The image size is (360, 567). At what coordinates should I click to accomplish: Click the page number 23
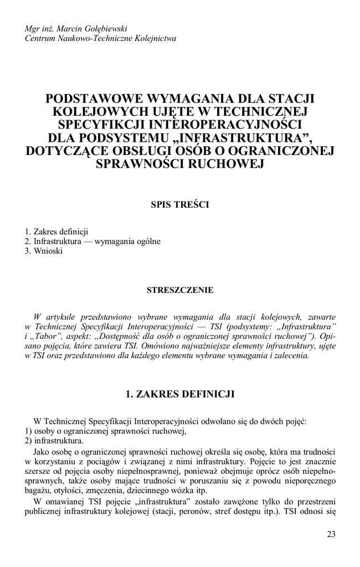coord(331,534)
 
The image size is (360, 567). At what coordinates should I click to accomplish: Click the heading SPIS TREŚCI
coord(179,204)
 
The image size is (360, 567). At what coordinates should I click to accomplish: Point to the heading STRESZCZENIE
coord(179,290)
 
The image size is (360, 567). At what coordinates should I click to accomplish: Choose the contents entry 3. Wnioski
coord(44,251)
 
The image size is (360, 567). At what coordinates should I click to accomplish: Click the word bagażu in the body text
coord(38,491)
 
